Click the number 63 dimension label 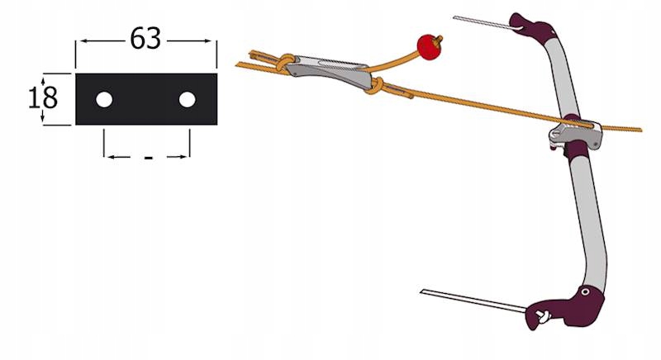[x=145, y=39]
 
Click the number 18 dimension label [x=43, y=97]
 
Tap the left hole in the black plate [x=104, y=100]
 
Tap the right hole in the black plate [x=188, y=100]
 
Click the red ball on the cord [x=429, y=47]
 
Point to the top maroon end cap [x=532, y=30]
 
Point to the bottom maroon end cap [x=567, y=307]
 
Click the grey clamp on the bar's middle [x=575, y=134]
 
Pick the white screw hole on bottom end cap [x=585, y=291]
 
